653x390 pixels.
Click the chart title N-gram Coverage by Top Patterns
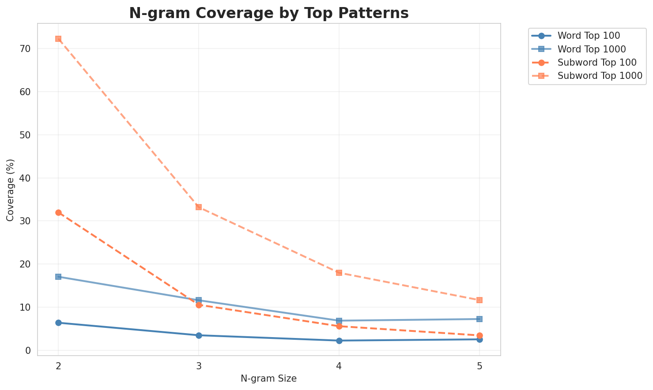point(268,13)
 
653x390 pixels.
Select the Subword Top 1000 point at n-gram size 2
point(58,39)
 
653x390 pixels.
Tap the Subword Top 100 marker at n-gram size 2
point(58,212)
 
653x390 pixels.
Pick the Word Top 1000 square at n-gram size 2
point(58,277)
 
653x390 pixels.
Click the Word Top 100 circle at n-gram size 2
point(58,323)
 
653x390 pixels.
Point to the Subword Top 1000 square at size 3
point(199,207)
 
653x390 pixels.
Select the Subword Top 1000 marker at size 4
point(339,273)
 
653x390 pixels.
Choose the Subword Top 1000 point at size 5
point(479,300)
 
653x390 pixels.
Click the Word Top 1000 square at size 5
point(479,319)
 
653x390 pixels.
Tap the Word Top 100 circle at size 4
point(339,341)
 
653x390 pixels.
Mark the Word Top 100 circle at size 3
point(199,335)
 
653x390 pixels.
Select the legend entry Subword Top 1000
point(599,75)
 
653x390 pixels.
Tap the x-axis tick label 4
point(339,366)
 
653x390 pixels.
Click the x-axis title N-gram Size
point(268,379)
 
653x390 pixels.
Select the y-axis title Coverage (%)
point(11,190)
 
